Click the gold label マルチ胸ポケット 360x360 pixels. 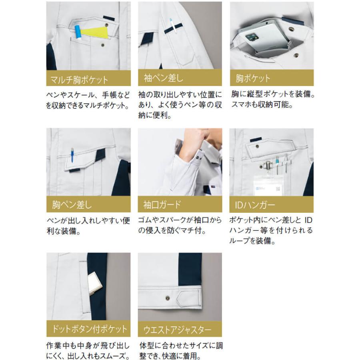pyautogui.click(x=88, y=78)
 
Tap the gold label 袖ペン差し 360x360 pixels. pyautogui.click(x=180, y=78)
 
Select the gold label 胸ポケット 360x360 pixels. pyautogui.click(x=272, y=78)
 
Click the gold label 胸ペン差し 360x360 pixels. pyautogui.click(x=88, y=205)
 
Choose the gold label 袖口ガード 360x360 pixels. pyautogui.click(x=180, y=205)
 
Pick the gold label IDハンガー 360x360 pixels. pyautogui.click(x=272, y=205)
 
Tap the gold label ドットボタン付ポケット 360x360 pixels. pyautogui.click(x=88, y=330)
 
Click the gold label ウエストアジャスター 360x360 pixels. pyautogui.click(x=180, y=330)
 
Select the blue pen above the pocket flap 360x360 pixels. pyautogui.click(x=72, y=154)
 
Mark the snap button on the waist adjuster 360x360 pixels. pyautogui.click(x=167, y=297)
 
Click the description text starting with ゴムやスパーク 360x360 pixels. pyautogui.click(x=180, y=225)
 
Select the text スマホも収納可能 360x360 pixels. pyautogui.click(x=262, y=106)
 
